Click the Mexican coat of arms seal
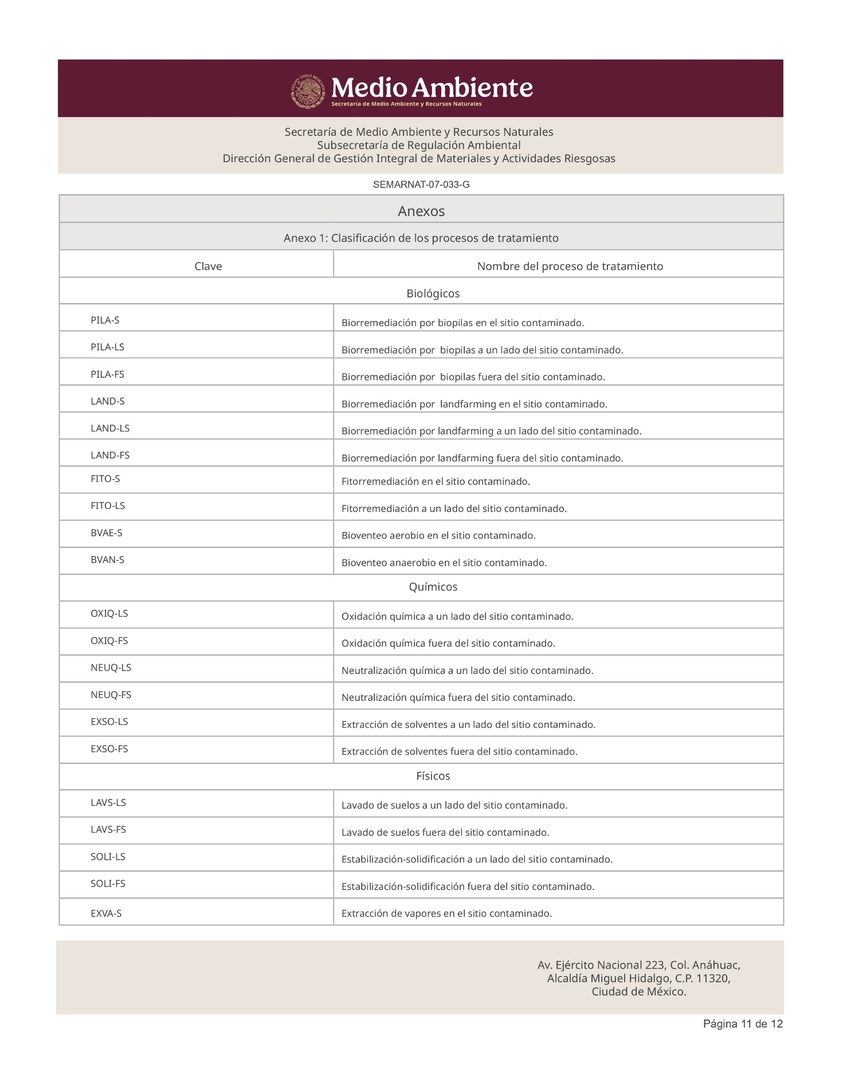(309, 91)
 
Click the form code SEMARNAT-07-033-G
(421, 185)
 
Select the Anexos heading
(421, 211)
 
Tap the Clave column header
(208, 266)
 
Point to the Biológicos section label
(433, 293)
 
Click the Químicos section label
(433, 587)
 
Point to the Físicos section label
(433, 776)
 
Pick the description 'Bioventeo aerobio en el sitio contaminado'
(438, 535)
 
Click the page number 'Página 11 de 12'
(743, 1024)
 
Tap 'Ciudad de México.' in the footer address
(639, 991)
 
